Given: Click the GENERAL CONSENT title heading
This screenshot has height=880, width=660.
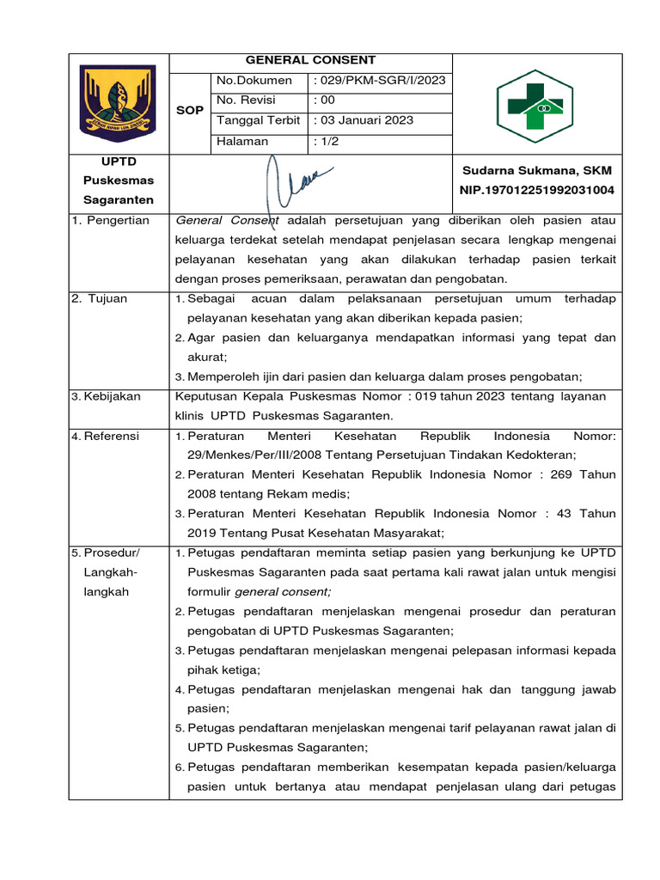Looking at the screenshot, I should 310,60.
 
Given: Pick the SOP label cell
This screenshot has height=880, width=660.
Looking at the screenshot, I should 190,111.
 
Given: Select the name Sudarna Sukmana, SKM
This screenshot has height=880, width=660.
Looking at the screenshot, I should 537,171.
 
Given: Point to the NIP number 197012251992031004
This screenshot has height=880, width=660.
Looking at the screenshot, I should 537,190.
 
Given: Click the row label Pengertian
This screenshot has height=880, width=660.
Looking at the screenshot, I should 113,220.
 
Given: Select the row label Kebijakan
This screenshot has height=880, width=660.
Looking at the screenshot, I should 111,396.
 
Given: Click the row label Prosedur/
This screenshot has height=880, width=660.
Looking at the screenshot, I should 111,553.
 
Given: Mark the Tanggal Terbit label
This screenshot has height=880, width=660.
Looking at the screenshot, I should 259,120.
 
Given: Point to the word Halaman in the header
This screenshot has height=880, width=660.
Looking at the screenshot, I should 242,141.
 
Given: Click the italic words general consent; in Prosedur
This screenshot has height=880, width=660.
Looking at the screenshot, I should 282,592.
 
